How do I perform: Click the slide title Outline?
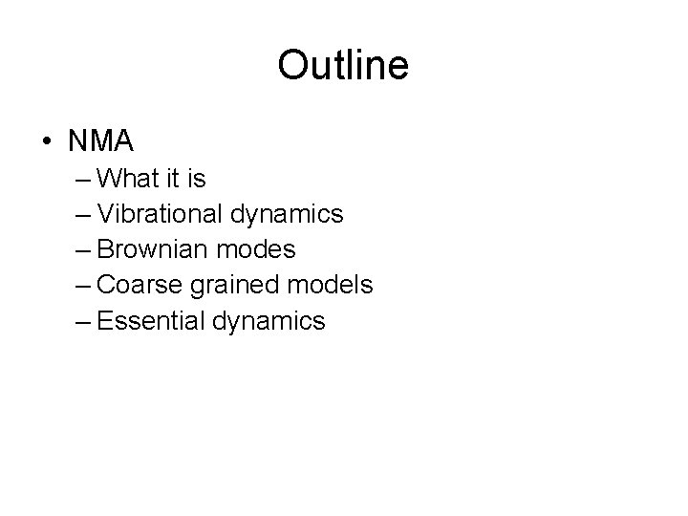coord(343,65)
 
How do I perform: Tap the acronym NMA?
coord(101,141)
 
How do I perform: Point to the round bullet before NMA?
coord(47,142)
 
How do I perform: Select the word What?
coord(129,179)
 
